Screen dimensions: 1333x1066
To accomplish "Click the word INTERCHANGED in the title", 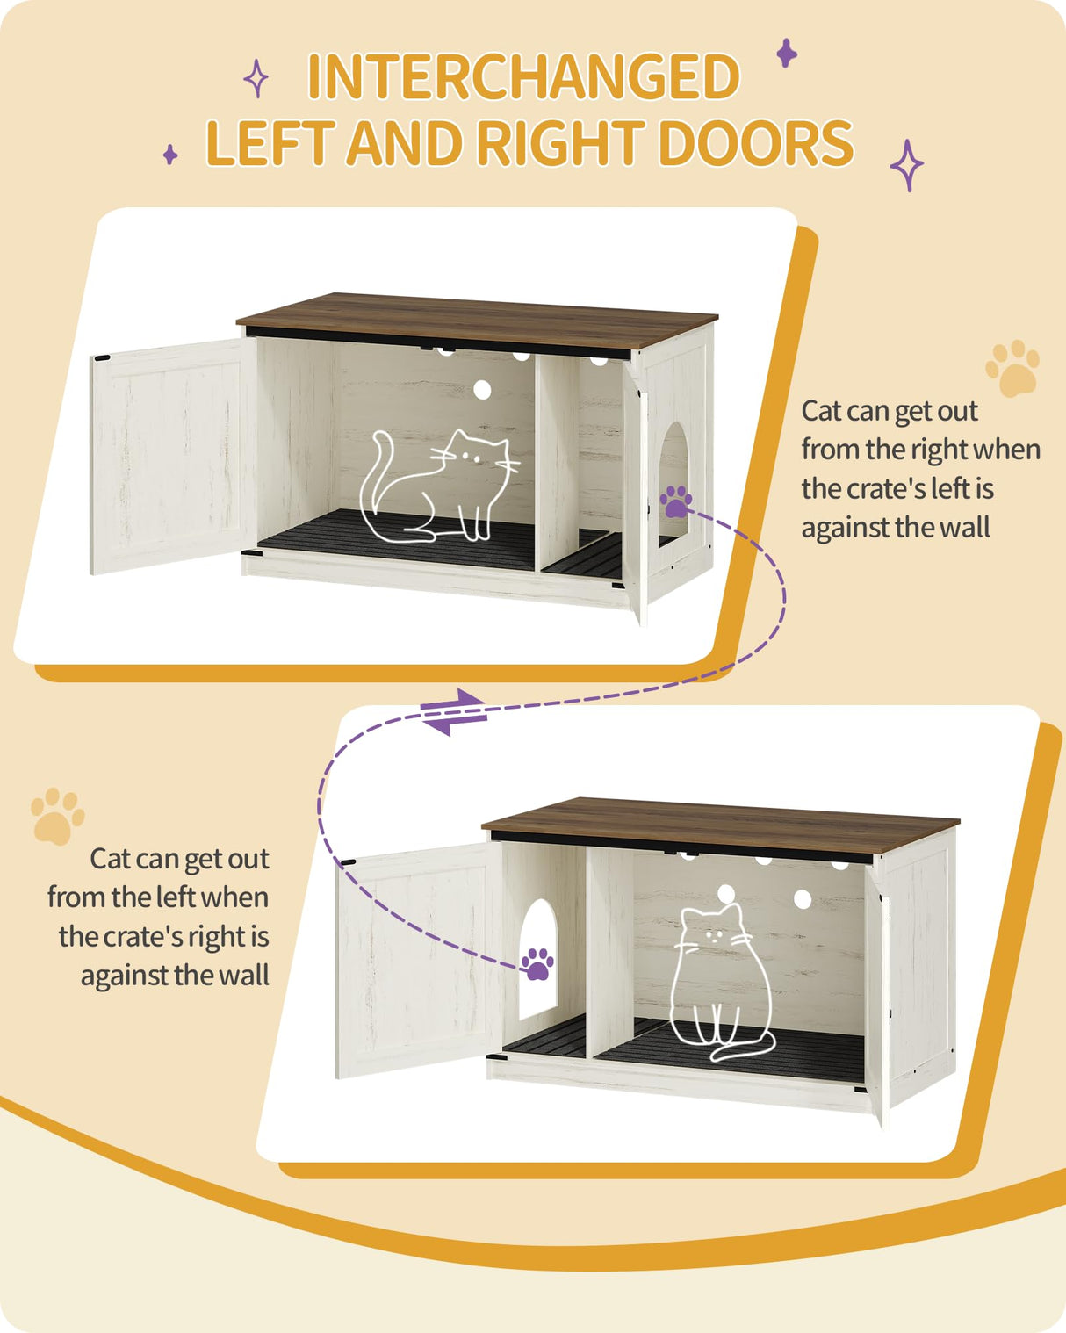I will [x=523, y=77].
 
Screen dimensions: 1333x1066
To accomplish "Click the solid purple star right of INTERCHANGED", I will [x=787, y=54].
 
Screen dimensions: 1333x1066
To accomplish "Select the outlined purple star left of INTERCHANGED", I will [x=256, y=78].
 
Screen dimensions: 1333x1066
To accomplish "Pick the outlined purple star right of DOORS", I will [x=906, y=165].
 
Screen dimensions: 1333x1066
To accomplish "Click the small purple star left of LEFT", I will [x=170, y=155].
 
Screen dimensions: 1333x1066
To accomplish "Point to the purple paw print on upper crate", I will [x=676, y=501].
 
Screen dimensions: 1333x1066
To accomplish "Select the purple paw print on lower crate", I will [x=537, y=963].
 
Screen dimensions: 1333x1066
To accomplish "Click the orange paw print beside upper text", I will [x=1012, y=368].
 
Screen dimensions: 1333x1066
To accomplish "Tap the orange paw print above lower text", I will [x=57, y=816].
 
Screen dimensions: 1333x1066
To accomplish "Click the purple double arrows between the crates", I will [x=453, y=711].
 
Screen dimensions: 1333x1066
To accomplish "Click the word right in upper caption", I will [x=938, y=450].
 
